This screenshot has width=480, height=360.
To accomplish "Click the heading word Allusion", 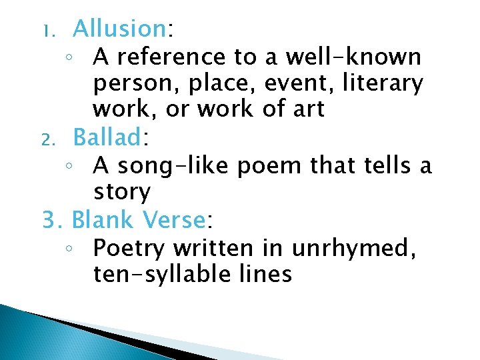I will coord(119,29).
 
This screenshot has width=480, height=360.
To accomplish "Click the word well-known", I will coord(353,57).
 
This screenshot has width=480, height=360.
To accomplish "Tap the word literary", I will coord(391,84).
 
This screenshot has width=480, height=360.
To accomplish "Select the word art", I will coord(308,109).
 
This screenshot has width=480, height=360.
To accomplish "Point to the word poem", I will coord(270,165).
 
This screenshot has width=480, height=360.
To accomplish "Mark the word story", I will coord(122,193).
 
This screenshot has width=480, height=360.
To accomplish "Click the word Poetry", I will coord(129,249).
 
